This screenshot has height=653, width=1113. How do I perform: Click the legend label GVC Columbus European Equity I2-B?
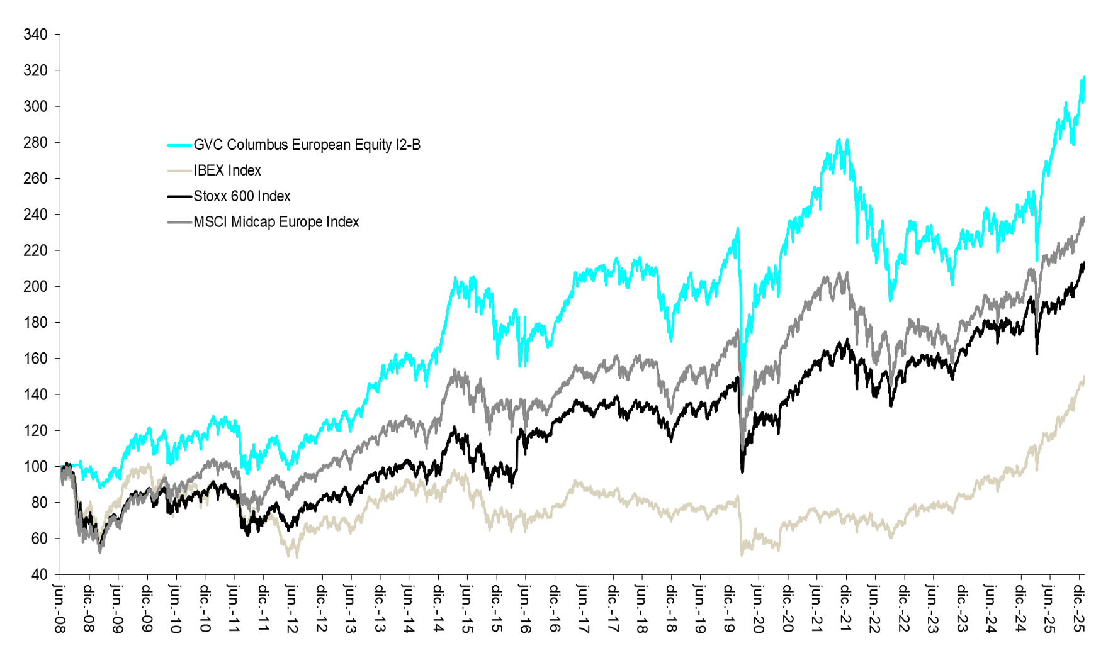pyautogui.click(x=307, y=145)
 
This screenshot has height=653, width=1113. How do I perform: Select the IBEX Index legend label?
pyautogui.click(x=227, y=170)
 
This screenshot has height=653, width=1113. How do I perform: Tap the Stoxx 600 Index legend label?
pyautogui.click(x=242, y=196)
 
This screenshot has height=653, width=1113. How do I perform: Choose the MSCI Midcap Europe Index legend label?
pyautogui.click(x=276, y=222)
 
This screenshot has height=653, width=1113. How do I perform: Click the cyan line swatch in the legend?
pyautogui.click(x=179, y=145)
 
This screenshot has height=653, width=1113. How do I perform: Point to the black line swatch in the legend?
pyautogui.click(x=179, y=197)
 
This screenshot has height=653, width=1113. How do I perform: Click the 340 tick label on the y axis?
pyautogui.click(x=35, y=35)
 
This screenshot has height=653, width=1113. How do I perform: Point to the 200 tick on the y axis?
pyautogui.click(x=35, y=286)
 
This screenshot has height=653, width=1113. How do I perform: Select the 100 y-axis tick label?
pyautogui.click(x=35, y=466)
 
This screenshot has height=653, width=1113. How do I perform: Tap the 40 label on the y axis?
pyautogui.click(x=39, y=574)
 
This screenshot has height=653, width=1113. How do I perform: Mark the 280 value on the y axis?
pyautogui.click(x=35, y=142)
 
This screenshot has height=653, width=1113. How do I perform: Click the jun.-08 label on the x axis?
pyautogui.click(x=60, y=608)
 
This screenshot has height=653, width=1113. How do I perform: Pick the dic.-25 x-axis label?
pyautogui.click(x=1078, y=608)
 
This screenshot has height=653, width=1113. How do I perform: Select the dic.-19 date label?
pyautogui.click(x=730, y=608)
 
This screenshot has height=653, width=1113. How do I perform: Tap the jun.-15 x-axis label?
pyautogui.click(x=467, y=608)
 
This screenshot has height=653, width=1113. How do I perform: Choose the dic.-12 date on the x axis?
pyautogui.click(x=322, y=608)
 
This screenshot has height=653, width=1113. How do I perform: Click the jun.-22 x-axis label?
pyautogui.click(x=875, y=608)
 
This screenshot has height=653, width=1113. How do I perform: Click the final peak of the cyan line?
pyautogui.click(x=1083, y=77)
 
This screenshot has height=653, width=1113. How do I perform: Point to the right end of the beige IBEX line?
pyautogui.click(x=1084, y=377)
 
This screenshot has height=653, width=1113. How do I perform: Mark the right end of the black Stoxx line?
pyautogui.click(x=1084, y=263)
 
